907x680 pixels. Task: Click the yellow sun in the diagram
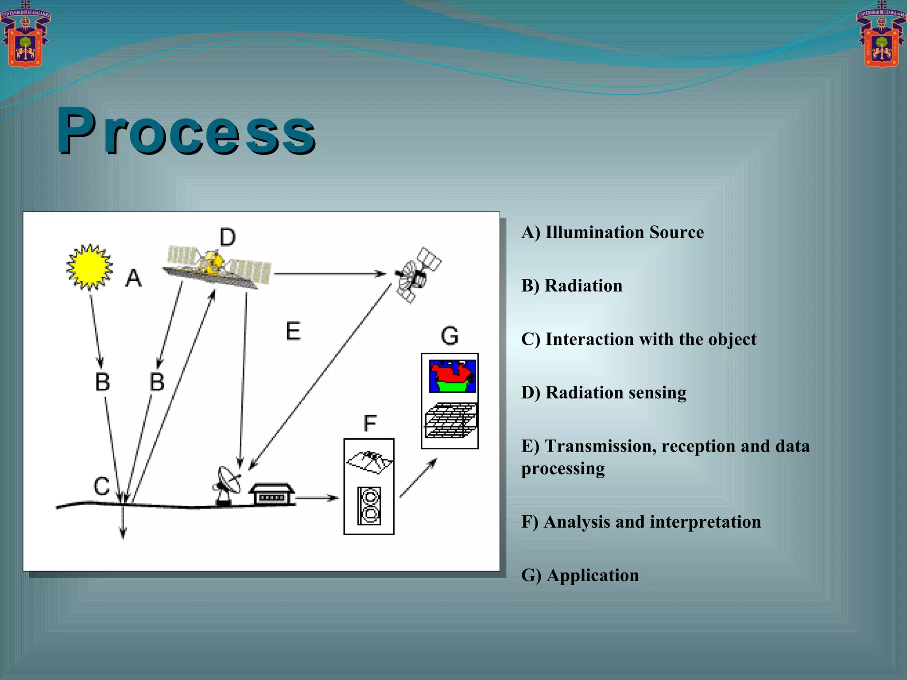tap(89, 267)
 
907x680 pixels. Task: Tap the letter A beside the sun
tap(133, 278)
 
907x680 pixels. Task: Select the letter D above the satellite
tap(228, 237)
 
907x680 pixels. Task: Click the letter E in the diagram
tap(293, 331)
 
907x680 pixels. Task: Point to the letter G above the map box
tap(450, 336)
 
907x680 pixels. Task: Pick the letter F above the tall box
tap(370, 423)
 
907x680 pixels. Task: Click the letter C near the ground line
tap(101, 486)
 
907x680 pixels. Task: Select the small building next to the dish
tap(271, 494)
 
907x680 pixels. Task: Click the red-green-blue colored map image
tap(452, 376)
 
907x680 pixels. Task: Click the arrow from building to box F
tap(317, 498)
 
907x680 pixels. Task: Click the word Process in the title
tap(186, 131)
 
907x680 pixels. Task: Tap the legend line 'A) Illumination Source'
tap(612, 232)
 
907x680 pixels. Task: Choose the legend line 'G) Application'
tap(580, 575)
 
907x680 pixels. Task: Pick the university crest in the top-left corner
tap(25, 35)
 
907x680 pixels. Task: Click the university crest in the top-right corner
tap(882, 35)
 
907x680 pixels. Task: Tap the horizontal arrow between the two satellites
tap(330, 274)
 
